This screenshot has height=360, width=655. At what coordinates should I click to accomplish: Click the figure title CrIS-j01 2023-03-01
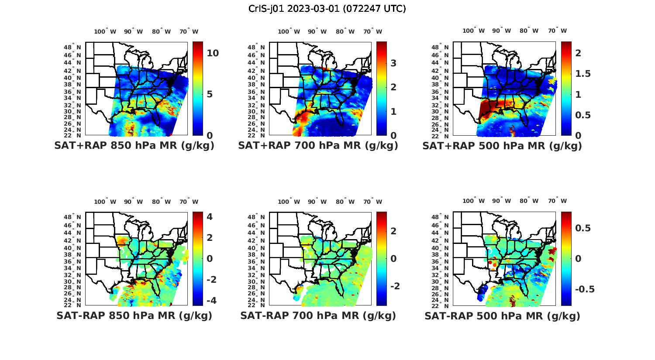327,9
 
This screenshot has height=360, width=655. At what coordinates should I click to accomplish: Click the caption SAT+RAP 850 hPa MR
134,146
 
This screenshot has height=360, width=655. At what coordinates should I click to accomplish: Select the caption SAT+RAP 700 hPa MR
318,146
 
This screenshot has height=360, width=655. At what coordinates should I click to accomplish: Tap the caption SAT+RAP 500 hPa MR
502,146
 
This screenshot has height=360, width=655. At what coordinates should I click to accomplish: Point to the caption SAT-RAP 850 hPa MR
134,315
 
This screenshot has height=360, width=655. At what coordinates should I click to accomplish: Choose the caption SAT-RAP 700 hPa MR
318,315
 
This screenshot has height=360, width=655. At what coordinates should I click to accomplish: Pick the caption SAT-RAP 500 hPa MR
502,316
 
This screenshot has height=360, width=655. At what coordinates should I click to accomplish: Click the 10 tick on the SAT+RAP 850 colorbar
213,53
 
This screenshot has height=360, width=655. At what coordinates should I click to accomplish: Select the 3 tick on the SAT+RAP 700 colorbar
393,63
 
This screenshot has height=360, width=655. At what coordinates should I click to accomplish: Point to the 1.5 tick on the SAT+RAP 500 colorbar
583,74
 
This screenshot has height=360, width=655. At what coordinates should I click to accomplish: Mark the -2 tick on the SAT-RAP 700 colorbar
394,286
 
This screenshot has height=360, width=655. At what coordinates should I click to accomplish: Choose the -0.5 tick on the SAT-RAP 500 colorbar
585,290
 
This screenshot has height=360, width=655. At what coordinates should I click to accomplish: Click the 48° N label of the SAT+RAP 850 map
72,47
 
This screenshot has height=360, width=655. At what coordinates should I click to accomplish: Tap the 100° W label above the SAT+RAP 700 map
289,31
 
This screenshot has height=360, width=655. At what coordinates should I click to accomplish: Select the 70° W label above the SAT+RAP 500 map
558,31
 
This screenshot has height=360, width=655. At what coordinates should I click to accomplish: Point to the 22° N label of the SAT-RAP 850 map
72,305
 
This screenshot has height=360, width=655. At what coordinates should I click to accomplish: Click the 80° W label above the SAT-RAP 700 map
345,202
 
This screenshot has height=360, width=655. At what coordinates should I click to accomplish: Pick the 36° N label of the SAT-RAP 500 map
440,261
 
